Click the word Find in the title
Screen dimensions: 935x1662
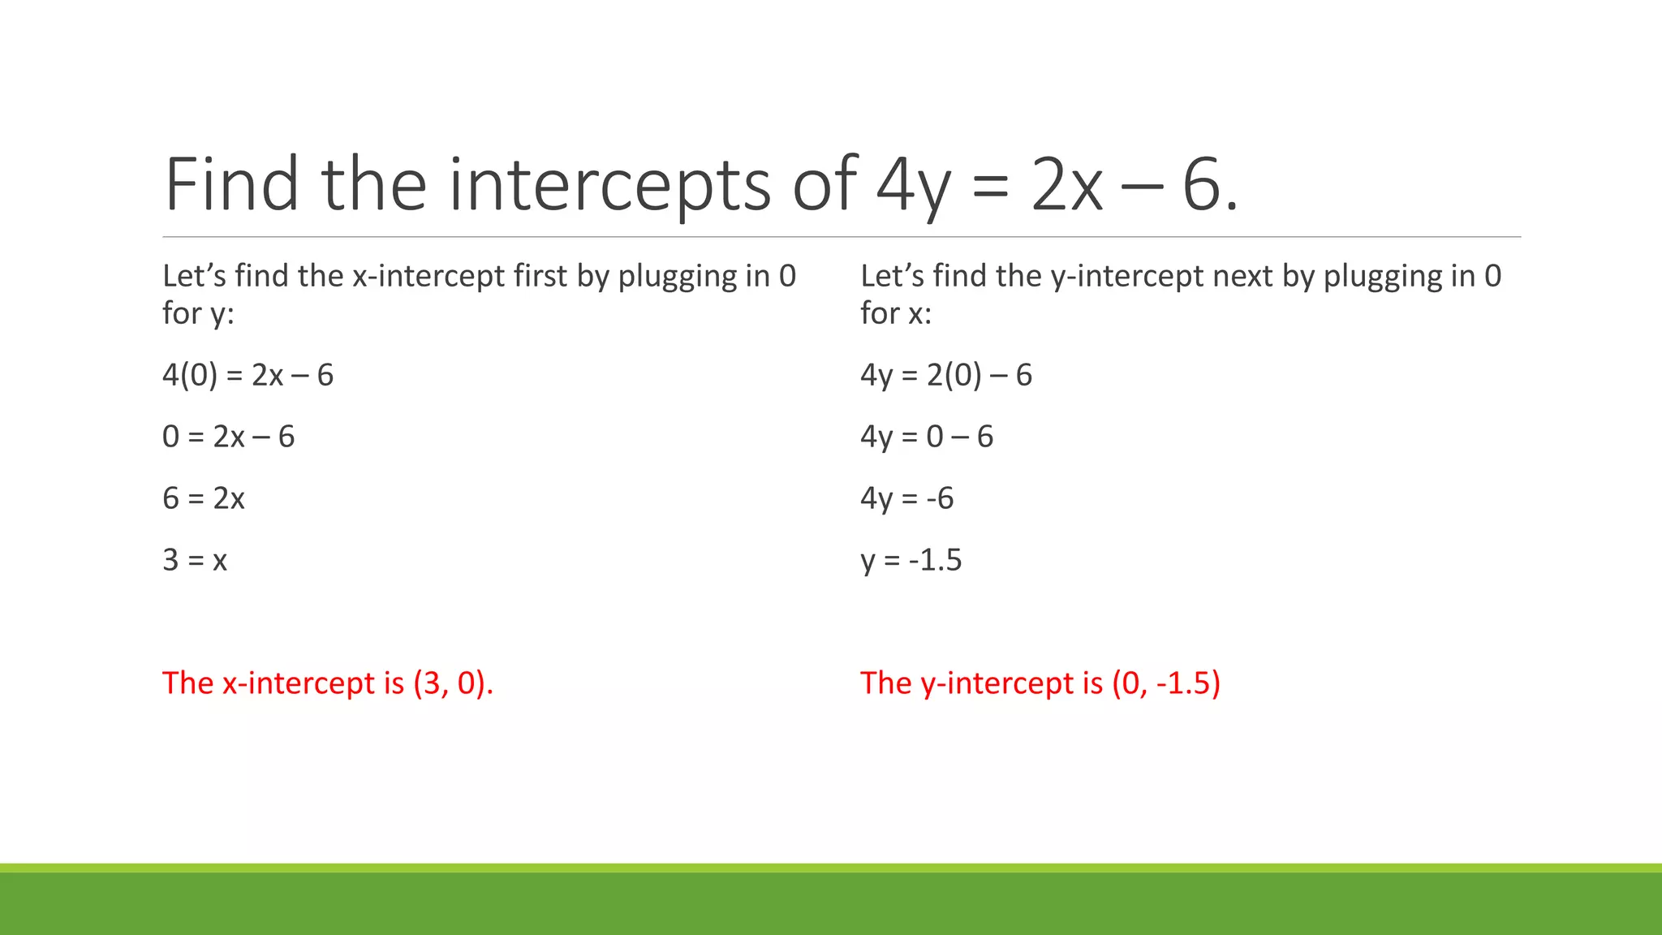(231, 184)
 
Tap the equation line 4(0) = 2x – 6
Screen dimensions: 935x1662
(248, 375)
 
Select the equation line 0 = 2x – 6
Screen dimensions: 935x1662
(228, 437)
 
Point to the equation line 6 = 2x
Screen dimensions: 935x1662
(203, 498)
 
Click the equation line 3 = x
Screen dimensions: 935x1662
(195, 560)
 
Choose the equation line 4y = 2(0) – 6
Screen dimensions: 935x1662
(946, 375)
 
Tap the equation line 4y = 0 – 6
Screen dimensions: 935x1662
(927, 437)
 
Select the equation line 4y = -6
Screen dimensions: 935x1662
(907, 498)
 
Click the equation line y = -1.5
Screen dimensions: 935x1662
(911, 560)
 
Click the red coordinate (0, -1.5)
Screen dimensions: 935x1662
(1166, 683)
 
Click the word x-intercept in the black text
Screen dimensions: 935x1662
(428, 277)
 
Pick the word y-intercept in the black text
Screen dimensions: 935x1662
(1127, 277)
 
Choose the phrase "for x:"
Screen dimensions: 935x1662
(896, 313)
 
